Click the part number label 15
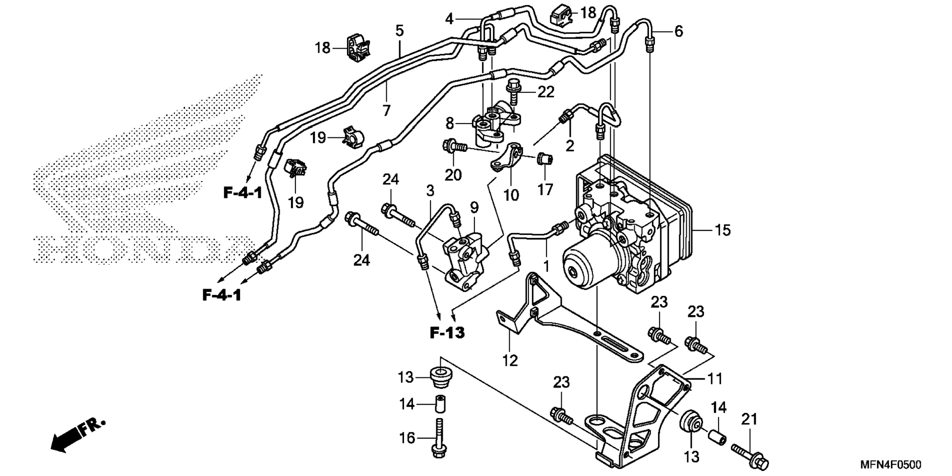coord(723,230)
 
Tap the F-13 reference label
coord(447,332)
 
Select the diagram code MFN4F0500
coord(891,465)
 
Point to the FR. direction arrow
coord(78,436)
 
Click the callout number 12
coord(510,360)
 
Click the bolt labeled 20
coord(455,147)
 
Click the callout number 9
coord(474,207)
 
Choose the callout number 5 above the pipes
coord(400,31)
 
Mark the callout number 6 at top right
coord(678,31)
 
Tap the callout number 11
coord(714,379)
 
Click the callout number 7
coord(386,110)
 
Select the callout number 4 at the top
coord(449,19)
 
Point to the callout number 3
coord(430,190)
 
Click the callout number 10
coord(511,195)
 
